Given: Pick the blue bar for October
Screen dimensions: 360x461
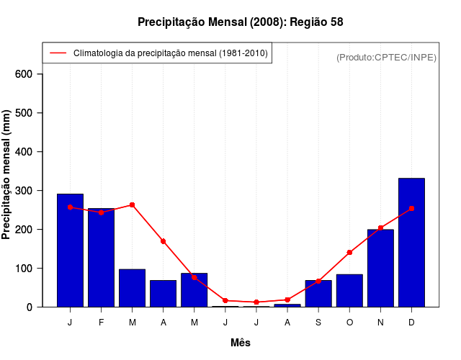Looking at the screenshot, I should tap(349, 290).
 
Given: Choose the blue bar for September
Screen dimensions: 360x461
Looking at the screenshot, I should tap(318, 293).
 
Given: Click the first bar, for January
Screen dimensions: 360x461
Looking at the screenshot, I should tap(70, 250).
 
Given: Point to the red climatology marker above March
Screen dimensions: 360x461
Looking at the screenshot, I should tap(132, 205).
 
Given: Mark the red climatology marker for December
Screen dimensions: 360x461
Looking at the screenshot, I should tap(411, 209).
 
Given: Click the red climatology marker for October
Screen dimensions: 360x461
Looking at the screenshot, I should tap(349, 253).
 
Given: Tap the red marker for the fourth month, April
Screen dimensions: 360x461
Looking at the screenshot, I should tap(164, 241).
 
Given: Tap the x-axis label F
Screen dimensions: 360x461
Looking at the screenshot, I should tap(101, 323).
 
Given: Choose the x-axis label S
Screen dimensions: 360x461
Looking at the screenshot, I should tap(318, 323).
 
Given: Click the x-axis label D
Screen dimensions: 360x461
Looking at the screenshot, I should tap(411, 323).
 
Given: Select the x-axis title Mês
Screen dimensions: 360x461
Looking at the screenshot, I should tap(241, 343).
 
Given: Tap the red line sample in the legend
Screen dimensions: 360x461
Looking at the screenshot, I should tap(58, 53).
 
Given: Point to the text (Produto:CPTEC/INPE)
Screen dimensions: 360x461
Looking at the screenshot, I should tap(387, 57).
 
